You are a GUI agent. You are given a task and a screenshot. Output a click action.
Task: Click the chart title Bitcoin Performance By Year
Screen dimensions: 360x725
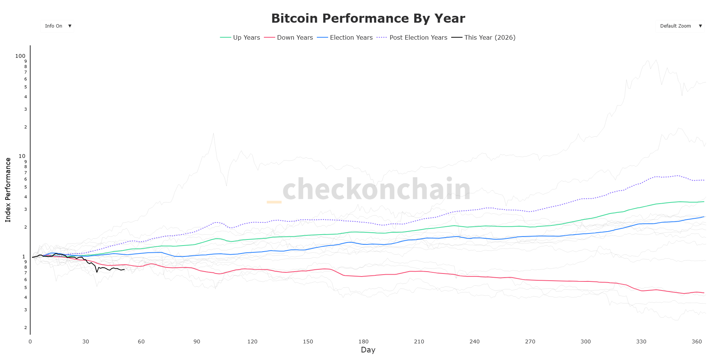click(368, 18)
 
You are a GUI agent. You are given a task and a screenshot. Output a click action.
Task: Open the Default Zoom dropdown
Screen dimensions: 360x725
click(680, 26)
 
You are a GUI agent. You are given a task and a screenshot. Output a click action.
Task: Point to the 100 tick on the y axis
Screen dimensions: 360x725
click(20, 56)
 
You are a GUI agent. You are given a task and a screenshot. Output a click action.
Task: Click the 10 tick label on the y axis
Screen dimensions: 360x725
click(22, 156)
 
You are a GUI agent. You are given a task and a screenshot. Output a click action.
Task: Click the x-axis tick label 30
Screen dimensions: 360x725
click(86, 341)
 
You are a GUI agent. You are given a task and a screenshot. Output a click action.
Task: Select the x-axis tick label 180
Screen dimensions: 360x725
click(363, 341)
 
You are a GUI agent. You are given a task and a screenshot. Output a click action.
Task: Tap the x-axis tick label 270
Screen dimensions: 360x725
click(530, 341)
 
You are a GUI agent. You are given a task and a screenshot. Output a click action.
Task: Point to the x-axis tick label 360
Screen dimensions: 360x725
click(697, 341)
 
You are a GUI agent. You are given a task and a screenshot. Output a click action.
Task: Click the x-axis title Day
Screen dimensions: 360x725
click(368, 350)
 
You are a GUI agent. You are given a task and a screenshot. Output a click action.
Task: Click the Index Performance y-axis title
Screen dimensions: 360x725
click(8, 190)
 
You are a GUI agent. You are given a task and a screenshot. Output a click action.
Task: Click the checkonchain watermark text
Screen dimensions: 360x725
click(376, 189)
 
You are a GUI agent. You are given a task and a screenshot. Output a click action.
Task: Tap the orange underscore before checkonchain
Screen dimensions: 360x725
click(274, 202)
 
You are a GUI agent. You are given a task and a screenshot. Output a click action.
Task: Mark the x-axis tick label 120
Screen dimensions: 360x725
click(252, 341)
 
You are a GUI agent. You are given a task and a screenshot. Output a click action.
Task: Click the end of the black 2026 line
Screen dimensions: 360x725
click(124, 269)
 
